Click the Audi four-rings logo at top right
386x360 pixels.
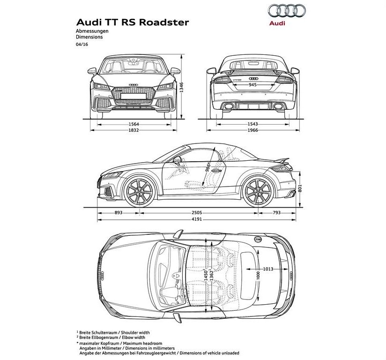click(x=287, y=10)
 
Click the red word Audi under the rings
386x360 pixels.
click(x=277, y=23)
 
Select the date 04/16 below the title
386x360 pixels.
click(x=82, y=45)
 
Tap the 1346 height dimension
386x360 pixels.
click(x=181, y=87)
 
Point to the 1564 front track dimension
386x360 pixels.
click(x=134, y=124)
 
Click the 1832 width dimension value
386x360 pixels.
click(x=134, y=130)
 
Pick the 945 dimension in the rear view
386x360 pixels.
click(x=252, y=85)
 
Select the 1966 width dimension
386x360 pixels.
click(x=252, y=130)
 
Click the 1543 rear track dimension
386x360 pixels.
click(x=252, y=124)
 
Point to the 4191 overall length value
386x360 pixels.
click(x=197, y=219)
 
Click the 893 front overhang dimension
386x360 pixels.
click(x=119, y=213)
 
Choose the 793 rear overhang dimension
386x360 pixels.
click(x=277, y=213)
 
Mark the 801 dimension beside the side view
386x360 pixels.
click(x=300, y=188)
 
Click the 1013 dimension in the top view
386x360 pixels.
click(x=268, y=269)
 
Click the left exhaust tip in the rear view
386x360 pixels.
click(x=229, y=106)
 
